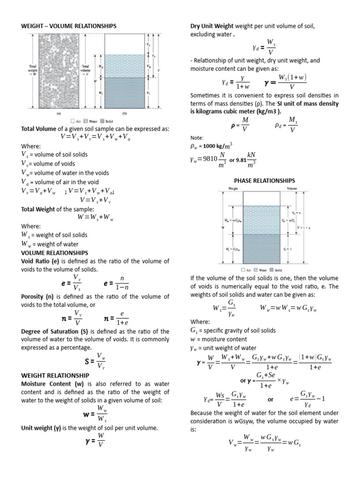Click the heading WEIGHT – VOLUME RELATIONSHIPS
pyautogui.click(x=69, y=26)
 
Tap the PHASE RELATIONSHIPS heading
pyautogui.click(x=264, y=180)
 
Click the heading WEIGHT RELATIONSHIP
pyautogui.click(x=55, y=375)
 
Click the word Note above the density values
pyautogui.click(x=196, y=137)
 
